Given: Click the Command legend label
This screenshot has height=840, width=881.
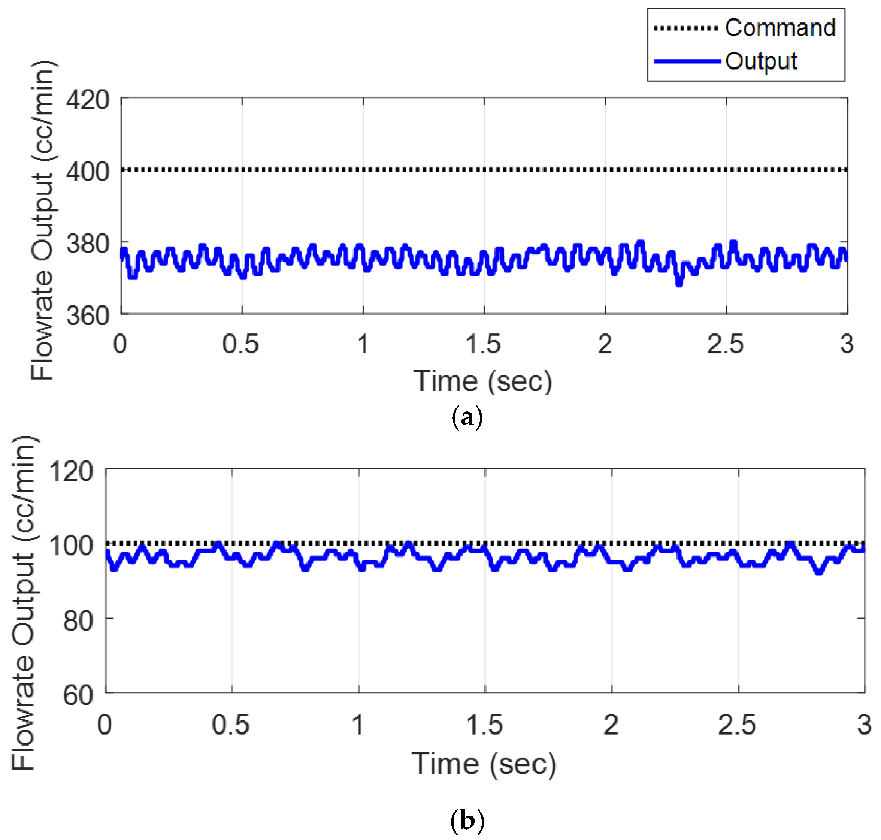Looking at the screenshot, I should [780, 28].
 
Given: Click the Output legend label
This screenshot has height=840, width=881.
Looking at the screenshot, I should [761, 61].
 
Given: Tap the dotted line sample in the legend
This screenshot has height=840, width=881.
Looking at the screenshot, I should [685, 28].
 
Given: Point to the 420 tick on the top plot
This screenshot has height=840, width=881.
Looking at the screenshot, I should [87, 99].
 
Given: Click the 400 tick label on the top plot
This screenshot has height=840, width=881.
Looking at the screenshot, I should [87, 172].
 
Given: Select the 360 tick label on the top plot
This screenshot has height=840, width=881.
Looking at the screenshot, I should [87, 316].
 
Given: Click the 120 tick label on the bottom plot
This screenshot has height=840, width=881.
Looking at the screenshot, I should [72, 471].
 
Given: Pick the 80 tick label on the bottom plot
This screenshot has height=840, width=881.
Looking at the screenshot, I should [78, 621].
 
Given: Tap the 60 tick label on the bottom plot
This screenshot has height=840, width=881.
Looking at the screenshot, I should [78, 695].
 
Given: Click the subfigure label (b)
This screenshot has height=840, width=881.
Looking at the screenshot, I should [467, 820].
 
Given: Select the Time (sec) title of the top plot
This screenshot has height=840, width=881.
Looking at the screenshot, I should [482, 381].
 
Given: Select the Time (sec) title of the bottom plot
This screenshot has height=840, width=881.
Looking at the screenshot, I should [484, 764].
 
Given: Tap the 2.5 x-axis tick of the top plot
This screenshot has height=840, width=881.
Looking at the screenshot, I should [725, 344].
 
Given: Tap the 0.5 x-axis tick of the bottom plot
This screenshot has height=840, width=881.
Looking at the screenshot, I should [230, 725].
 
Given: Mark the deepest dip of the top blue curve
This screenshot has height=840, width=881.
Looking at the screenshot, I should [679, 282].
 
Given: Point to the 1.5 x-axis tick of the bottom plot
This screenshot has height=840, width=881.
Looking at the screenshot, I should [484, 725].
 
